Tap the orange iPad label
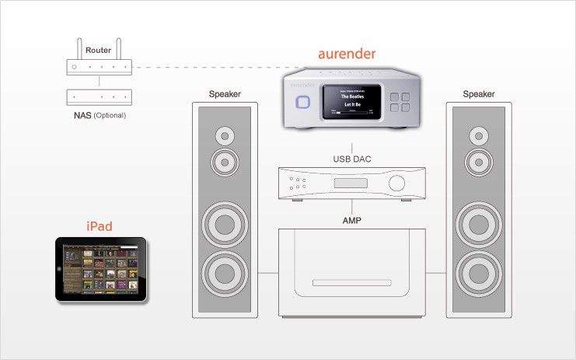point(99,226)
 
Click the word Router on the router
point(99,50)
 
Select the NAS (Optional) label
point(99,115)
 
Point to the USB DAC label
point(352,159)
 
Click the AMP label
point(352,220)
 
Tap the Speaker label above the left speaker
point(225,94)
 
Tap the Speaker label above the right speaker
point(479,94)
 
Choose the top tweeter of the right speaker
point(479,136)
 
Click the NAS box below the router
point(99,97)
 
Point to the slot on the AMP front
point(352,281)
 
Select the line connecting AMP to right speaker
point(437,274)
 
